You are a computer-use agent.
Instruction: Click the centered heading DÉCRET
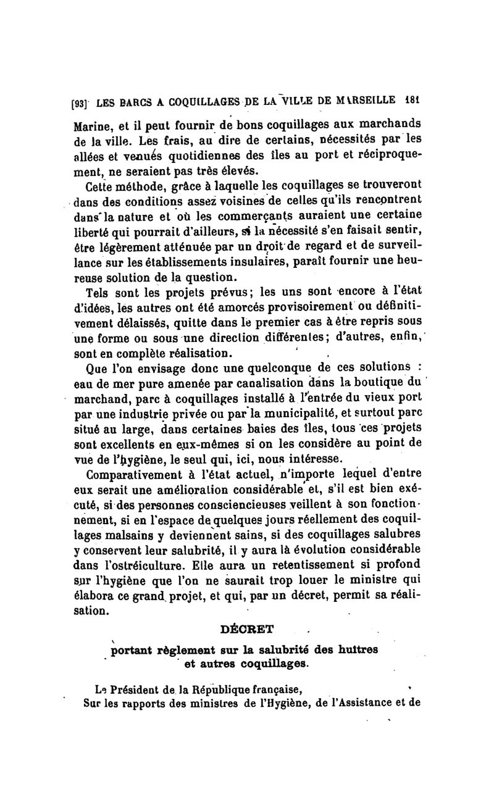(246, 630)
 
